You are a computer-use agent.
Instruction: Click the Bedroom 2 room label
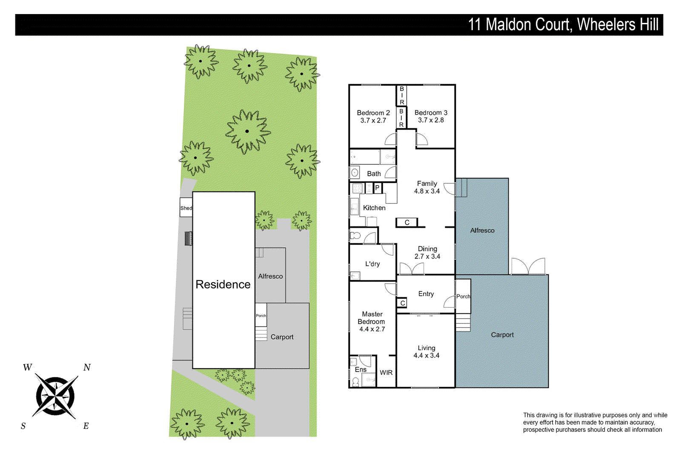[x=373, y=113]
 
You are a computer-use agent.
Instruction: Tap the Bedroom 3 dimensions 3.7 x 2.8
[x=431, y=120]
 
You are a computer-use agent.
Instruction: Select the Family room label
[x=427, y=183]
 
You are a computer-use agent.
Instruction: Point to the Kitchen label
[x=374, y=208]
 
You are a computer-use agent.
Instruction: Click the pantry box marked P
[x=377, y=188]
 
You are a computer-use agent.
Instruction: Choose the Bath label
[x=374, y=174]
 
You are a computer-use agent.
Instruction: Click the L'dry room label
[x=372, y=264]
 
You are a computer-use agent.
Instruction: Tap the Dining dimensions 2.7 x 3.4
[x=427, y=256]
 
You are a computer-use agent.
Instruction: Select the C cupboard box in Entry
[x=402, y=303]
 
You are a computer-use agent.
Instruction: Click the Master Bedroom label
[x=372, y=318]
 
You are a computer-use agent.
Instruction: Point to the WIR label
[x=386, y=372]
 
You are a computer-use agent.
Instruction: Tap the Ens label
[x=361, y=369]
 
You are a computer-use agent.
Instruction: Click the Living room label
[x=426, y=348]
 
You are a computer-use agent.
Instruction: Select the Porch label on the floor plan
[x=463, y=297]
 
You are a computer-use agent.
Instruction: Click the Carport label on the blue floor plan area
[x=502, y=335]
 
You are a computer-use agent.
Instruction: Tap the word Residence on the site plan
[x=223, y=284]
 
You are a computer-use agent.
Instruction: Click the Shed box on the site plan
[x=186, y=208]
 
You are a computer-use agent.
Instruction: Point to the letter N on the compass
[x=87, y=367]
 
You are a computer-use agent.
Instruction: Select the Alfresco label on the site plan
[x=270, y=276]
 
